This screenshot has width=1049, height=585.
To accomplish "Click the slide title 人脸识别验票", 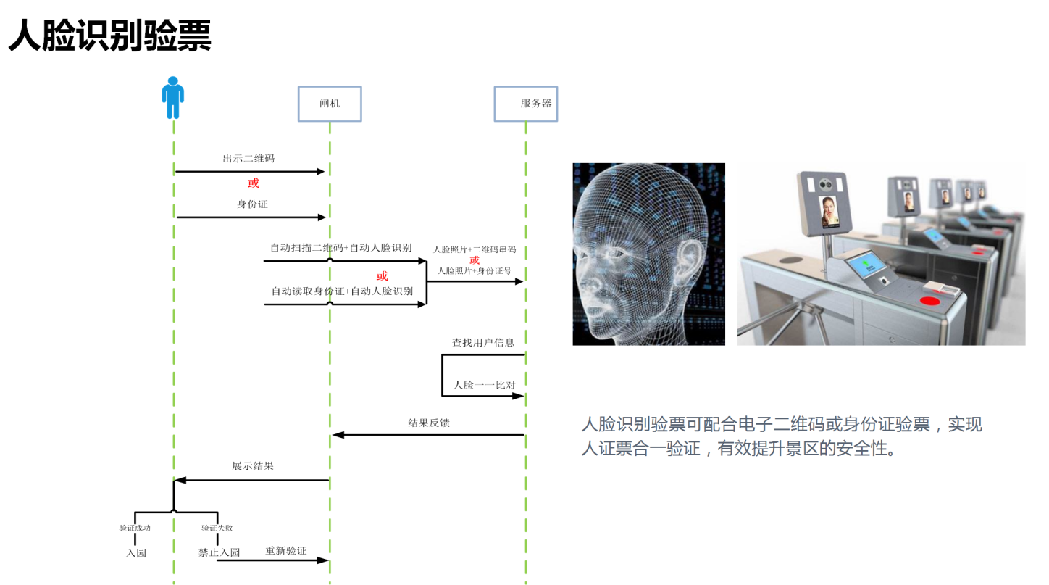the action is click(110, 36).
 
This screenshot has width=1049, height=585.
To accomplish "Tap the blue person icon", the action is click(173, 97).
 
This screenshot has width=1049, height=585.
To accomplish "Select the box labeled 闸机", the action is click(330, 104).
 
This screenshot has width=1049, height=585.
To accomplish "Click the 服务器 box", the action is click(526, 104).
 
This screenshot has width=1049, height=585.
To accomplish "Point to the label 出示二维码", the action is click(248, 159).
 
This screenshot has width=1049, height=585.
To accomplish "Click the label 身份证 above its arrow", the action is click(252, 204).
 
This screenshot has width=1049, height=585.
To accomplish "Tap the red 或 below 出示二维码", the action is click(254, 183).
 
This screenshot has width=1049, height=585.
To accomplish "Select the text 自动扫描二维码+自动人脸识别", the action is click(341, 247).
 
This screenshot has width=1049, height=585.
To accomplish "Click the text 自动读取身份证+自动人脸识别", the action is click(343, 291).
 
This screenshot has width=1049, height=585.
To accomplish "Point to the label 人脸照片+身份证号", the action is click(475, 271).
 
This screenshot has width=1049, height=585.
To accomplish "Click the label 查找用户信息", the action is click(483, 343).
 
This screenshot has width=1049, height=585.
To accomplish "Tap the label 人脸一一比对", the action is click(484, 385).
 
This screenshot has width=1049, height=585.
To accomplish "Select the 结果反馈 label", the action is click(429, 423).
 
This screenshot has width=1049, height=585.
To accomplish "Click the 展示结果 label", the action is click(253, 466).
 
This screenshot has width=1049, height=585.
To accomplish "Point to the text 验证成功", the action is click(135, 528).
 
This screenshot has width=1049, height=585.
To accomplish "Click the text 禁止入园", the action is click(220, 552).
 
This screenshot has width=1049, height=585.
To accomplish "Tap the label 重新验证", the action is click(286, 551).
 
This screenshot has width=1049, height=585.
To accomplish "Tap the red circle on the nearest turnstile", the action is click(930, 300).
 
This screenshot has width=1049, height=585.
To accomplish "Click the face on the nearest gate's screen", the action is click(829, 212).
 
